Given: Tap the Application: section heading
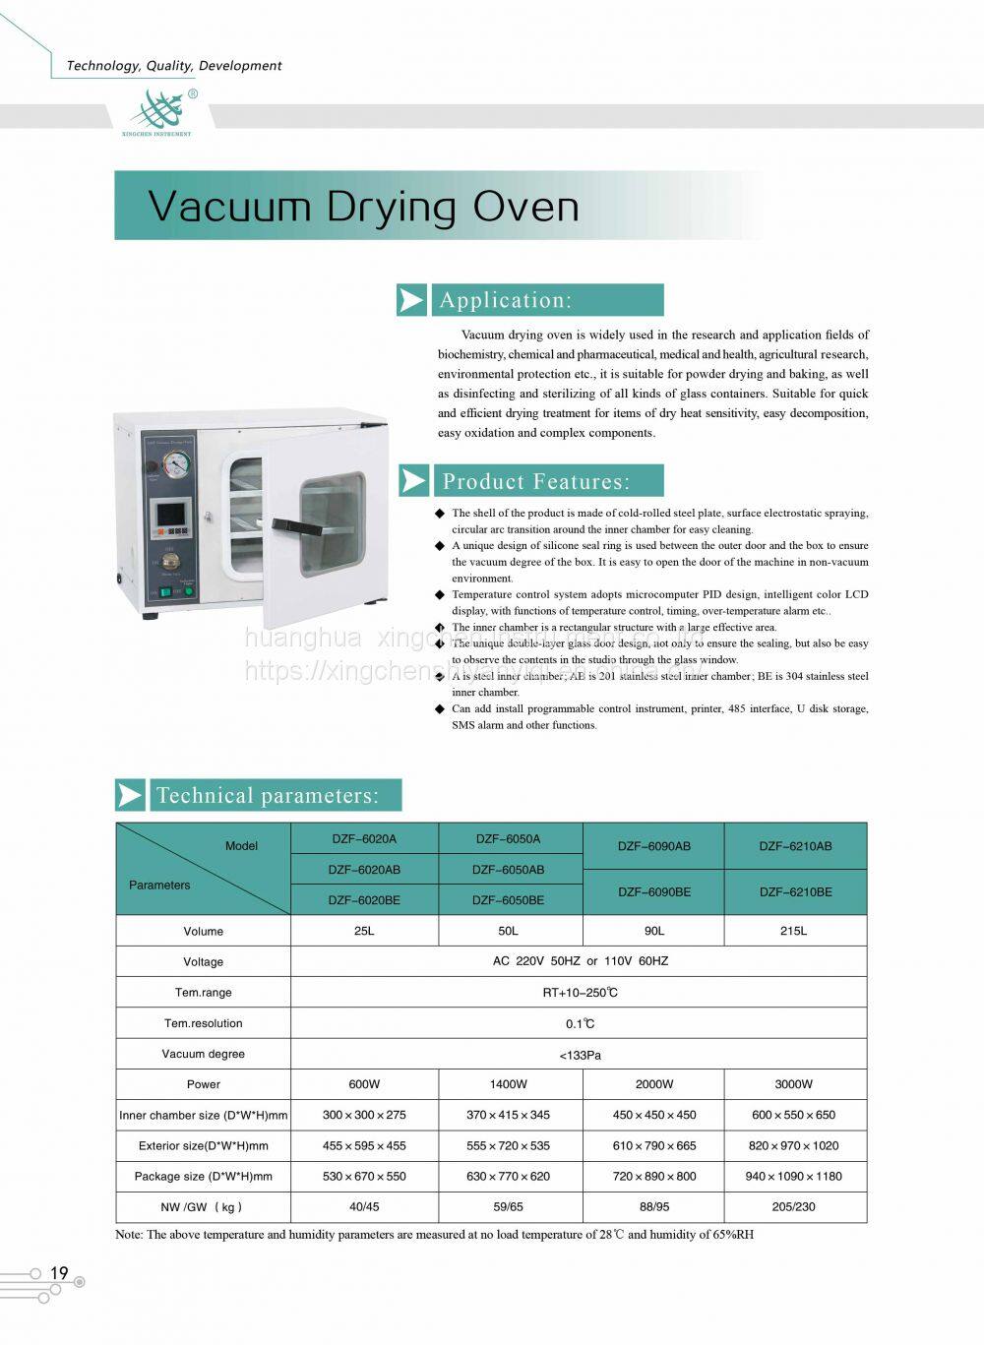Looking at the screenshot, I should tap(506, 300).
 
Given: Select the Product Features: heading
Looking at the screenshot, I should tap(535, 481).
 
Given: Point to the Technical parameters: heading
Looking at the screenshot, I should tap(266, 795).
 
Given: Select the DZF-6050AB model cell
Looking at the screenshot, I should tap(508, 870).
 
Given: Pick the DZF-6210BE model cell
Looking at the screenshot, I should tap(795, 892).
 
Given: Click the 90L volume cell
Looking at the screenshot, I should tap(653, 931).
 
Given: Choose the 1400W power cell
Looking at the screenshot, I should tap(508, 1084).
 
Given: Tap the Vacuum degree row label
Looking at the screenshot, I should tap(204, 1054).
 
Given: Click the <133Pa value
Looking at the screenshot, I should tap(580, 1055).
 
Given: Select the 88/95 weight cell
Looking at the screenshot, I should tap(653, 1206).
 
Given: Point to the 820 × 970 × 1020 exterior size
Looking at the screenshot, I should tap(795, 1145).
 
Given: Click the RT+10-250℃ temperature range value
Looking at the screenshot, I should tap(580, 993).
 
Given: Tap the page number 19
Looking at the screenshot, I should tap(59, 1273).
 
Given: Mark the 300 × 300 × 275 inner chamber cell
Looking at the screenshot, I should tap(364, 1115).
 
